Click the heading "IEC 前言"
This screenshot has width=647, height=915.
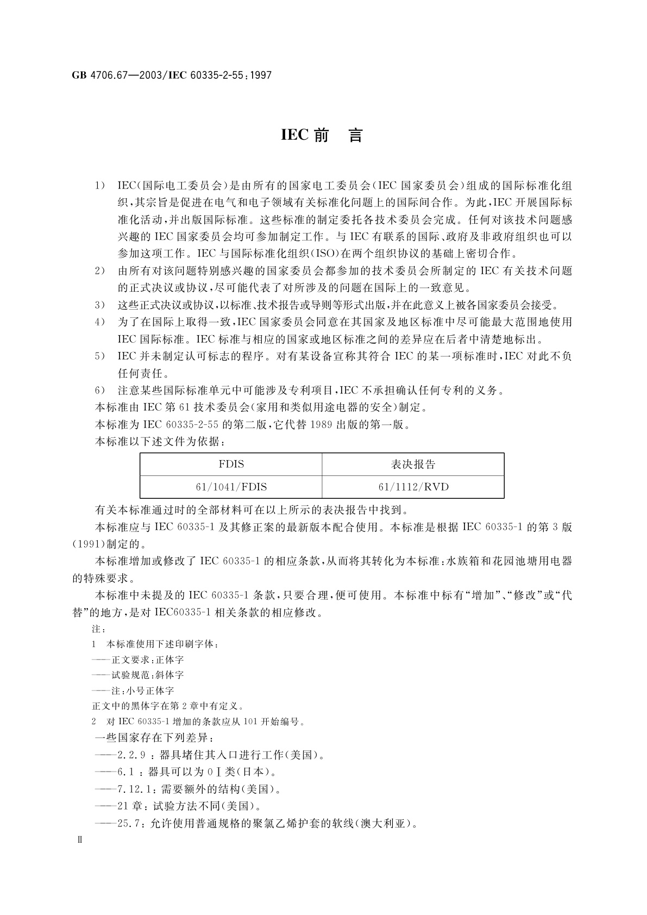tap(322, 136)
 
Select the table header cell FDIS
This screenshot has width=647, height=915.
tap(231, 464)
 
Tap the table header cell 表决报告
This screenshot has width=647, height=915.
tap(413, 464)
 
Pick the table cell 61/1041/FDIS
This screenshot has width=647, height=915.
tap(231, 487)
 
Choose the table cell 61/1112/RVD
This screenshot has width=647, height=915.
tap(413, 487)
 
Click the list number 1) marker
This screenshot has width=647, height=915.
tap(100, 186)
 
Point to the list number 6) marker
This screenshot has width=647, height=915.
tap(100, 390)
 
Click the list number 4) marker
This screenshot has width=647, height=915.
tap(100, 322)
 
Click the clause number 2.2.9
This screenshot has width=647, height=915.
tap(131, 755)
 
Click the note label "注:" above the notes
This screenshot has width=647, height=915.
tap(98, 629)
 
